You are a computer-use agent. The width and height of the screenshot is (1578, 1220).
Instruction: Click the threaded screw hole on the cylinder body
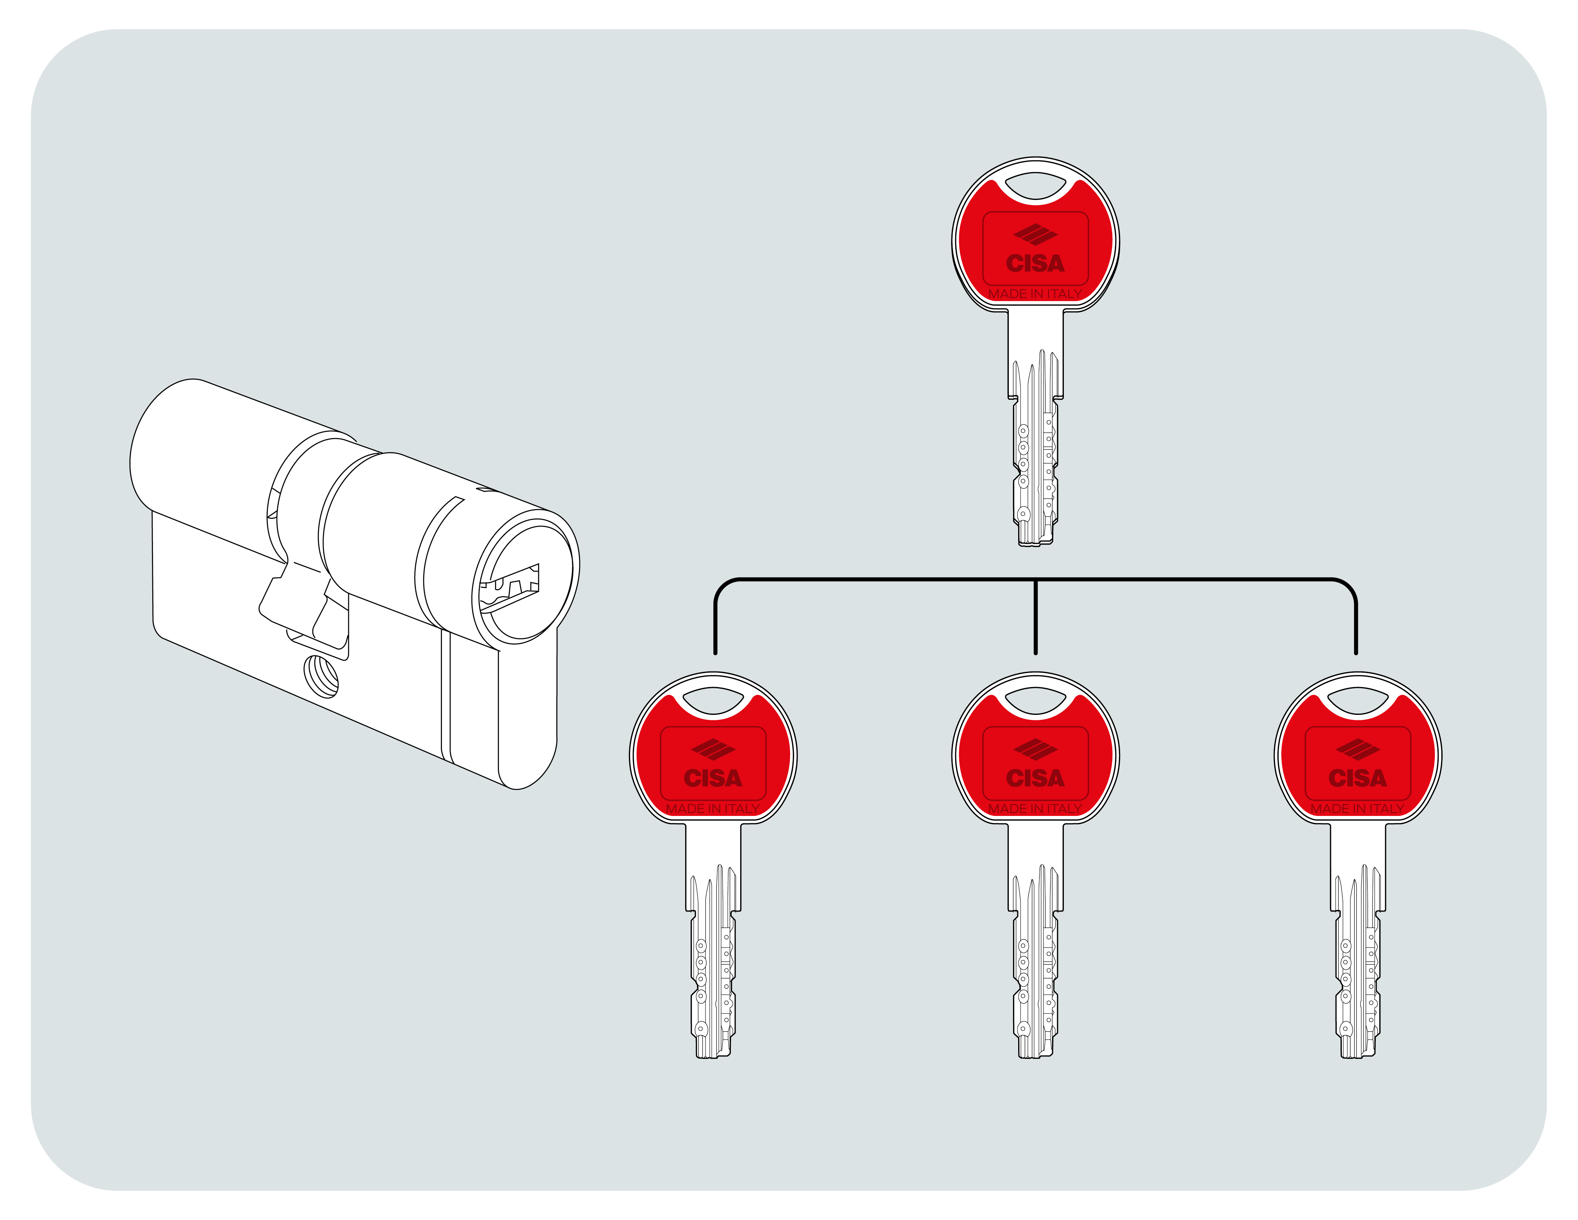click(x=322, y=675)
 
